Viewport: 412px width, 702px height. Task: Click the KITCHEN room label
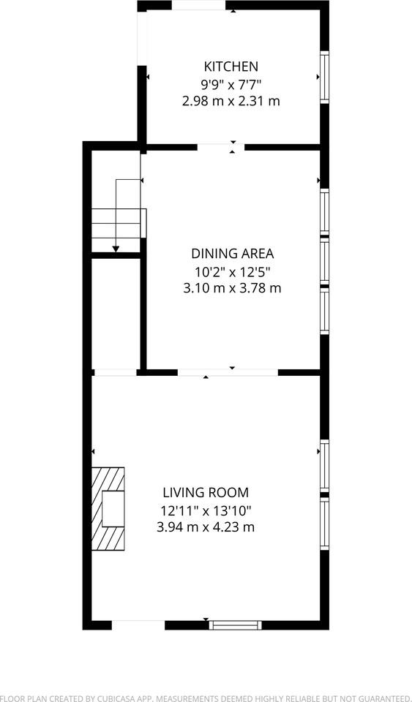(231, 67)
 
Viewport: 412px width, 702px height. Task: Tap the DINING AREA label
(233, 254)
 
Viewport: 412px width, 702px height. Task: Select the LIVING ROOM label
(206, 493)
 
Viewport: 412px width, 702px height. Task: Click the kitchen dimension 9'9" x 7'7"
(231, 83)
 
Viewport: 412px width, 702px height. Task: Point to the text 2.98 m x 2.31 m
(231, 101)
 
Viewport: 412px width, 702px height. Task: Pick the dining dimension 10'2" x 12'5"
(233, 271)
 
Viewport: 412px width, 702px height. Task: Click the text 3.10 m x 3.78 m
(233, 287)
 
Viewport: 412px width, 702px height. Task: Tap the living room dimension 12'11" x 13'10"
(206, 510)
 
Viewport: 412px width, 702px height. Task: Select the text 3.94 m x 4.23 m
(206, 527)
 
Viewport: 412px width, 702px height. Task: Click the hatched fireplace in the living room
(108, 509)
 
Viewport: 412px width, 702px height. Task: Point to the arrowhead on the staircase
(116, 249)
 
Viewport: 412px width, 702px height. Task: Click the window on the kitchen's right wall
(325, 77)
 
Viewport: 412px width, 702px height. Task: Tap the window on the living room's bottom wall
(235, 625)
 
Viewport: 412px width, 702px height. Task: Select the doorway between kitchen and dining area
(221, 147)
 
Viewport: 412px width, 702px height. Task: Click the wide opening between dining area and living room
(228, 372)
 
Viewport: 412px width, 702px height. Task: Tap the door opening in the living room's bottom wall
(138, 625)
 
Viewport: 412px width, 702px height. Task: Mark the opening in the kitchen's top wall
(199, 5)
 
